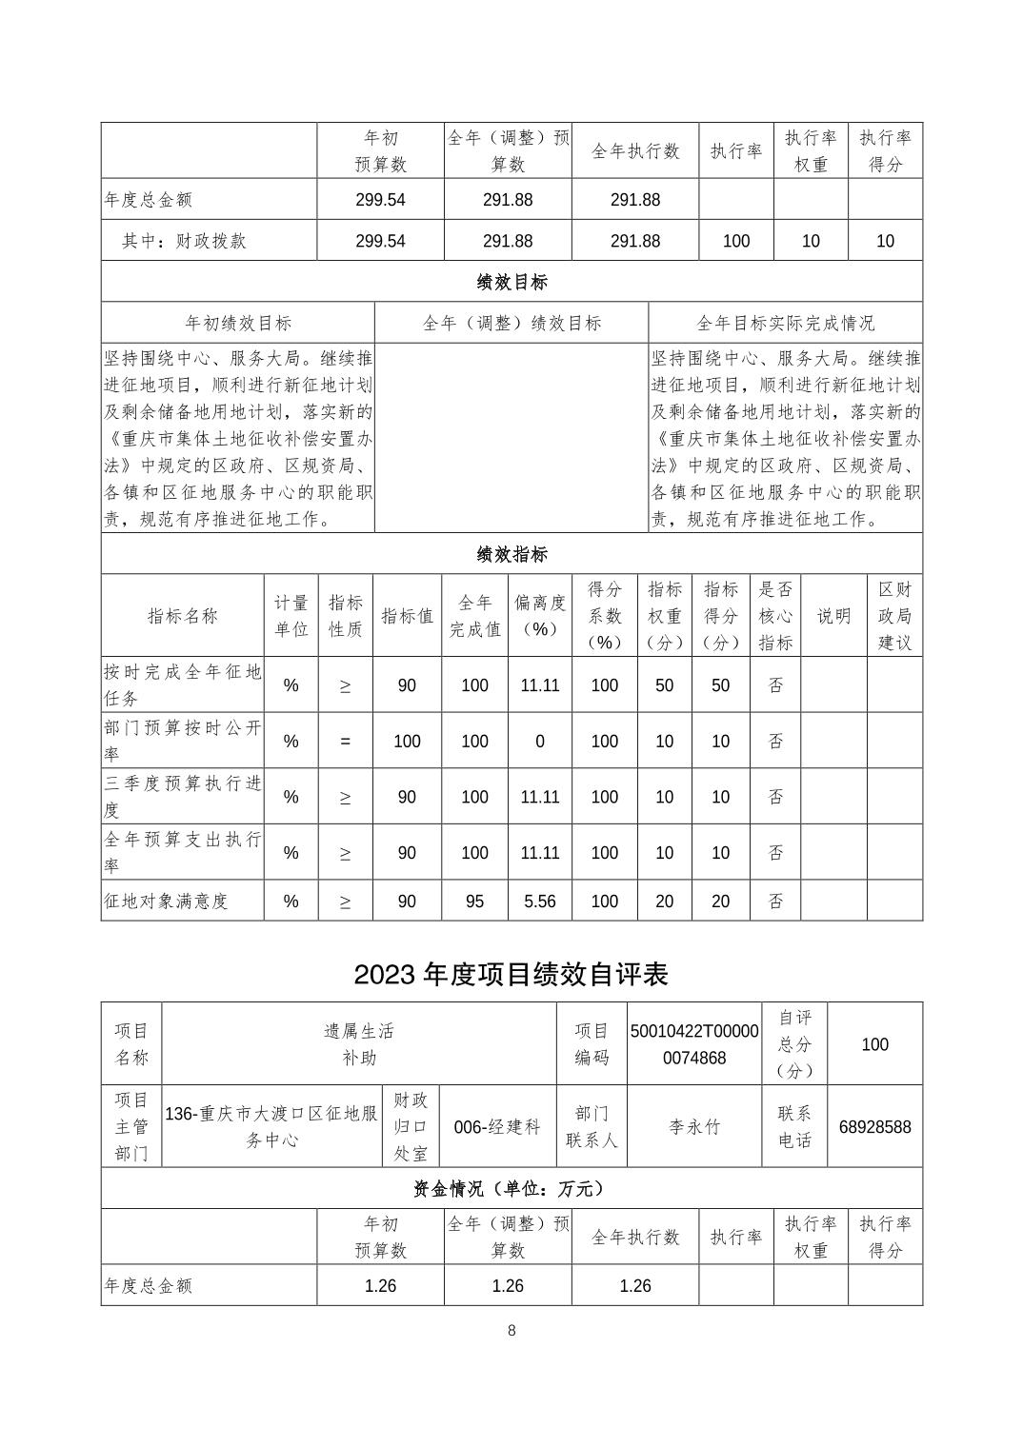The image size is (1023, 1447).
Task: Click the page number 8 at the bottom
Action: coord(511,1330)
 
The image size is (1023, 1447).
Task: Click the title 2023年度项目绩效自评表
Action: coord(511,974)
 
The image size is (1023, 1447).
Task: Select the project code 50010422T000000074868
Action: coord(694,1044)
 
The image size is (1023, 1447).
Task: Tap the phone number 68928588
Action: coord(874,1127)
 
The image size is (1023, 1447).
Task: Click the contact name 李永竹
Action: coord(694,1127)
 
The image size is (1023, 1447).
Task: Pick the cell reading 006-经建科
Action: coord(497,1127)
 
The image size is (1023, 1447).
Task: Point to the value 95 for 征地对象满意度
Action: coord(474,901)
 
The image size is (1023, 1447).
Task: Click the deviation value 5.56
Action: coord(539,901)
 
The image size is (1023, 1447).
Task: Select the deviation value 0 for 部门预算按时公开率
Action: coord(539,741)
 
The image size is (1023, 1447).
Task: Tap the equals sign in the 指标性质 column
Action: coord(345,741)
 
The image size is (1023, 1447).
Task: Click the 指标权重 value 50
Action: coord(664,685)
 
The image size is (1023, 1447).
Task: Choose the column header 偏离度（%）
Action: coord(539,615)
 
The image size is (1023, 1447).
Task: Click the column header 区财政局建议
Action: coord(893,615)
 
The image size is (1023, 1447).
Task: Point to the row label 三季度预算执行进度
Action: coord(182,796)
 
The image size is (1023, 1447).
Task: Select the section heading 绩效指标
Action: coord(511,554)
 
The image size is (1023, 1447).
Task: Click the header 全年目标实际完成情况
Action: coord(785,323)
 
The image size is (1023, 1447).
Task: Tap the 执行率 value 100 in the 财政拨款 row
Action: coord(736,241)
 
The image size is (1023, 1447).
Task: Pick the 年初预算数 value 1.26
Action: coord(380,1285)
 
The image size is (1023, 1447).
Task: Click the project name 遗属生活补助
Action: coord(358,1043)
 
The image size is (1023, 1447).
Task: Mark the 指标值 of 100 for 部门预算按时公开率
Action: coord(407,741)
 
